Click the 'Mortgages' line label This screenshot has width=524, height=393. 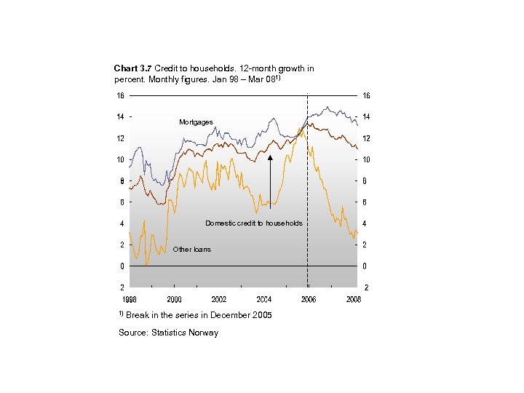pos(196,122)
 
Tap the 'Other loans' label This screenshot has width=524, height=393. pos(191,250)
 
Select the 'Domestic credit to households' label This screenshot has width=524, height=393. pos(253,223)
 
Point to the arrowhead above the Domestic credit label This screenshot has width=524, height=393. pos(270,157)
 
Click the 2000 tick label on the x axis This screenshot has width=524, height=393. pos(175,299)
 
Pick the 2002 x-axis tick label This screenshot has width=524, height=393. pos(219,299)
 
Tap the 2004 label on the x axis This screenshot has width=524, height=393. pos(264,299)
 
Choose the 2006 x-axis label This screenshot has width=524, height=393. pos(309,299)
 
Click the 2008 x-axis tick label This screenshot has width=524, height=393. pos(354,299)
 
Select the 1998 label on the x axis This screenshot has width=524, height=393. pos(130,299)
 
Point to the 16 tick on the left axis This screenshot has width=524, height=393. pos(119,95)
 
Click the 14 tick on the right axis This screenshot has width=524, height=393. pos(366,116)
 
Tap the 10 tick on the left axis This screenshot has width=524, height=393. pos(119,159)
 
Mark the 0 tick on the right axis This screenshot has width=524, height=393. pos(365,266)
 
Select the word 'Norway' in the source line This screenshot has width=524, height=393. pos(204,333)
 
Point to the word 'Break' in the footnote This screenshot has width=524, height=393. pos(138,315)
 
